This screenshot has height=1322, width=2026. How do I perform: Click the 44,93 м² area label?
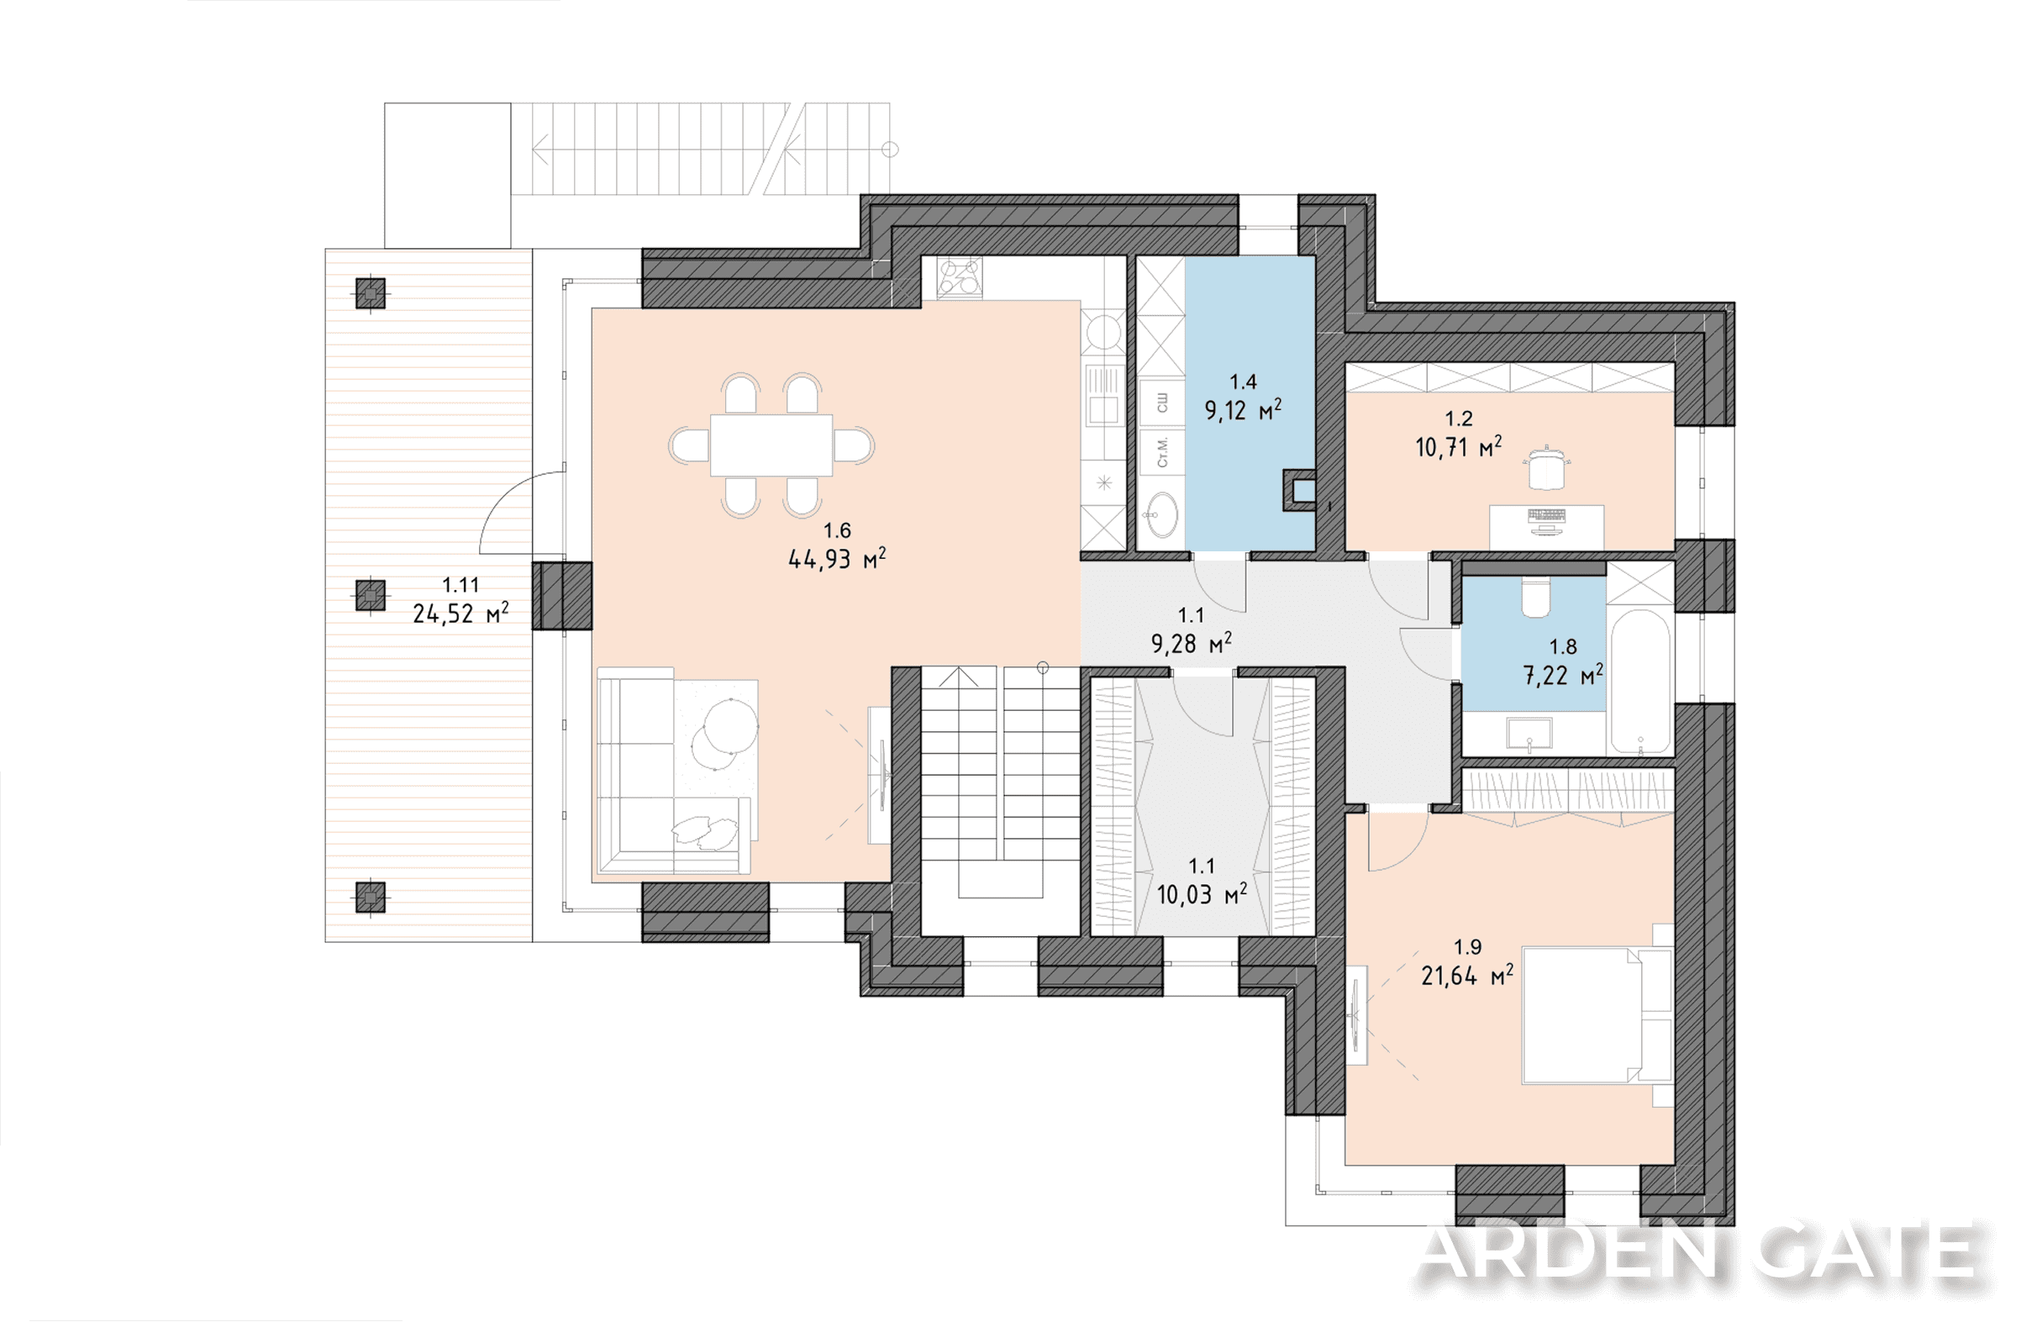click(837, 559)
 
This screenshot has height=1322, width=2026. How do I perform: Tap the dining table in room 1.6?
click(771, 445)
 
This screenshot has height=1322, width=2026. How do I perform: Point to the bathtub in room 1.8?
click(1640, 681)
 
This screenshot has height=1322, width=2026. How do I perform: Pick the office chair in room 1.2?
click(1546, 467)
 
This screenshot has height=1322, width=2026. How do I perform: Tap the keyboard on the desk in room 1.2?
click(1547, 515)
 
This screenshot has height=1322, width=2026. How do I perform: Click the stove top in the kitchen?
click(960, 277)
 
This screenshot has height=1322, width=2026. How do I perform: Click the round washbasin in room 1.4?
click(1160, 514)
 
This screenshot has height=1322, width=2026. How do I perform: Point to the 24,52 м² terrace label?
click(460, 613)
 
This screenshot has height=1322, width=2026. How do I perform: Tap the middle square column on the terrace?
click(371, 595)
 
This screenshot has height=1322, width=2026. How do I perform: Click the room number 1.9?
click(1467, 946)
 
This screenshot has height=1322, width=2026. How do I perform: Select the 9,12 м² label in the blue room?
click(1243, 410)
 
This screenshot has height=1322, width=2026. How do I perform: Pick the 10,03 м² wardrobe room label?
click(1201, 894)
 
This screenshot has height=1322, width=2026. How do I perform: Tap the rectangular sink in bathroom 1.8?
click(1529, 732)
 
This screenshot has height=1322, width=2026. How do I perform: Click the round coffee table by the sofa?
click(730, 724)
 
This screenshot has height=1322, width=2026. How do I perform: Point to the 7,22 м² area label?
click(1563, 675)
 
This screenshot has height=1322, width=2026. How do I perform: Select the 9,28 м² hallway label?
click(1191, 644)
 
